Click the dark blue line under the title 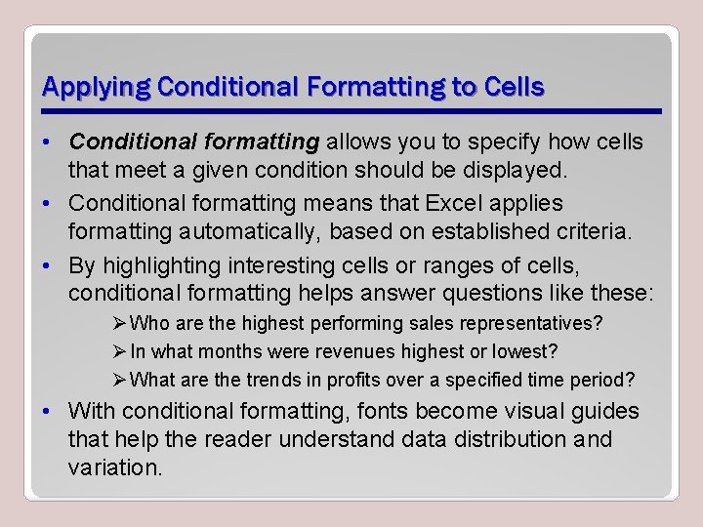pos(351,109)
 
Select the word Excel pos(465,203)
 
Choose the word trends pos(255,380)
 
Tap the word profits pos(354,380)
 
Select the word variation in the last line pos(112,467)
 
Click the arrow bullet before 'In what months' pos(120,351)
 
